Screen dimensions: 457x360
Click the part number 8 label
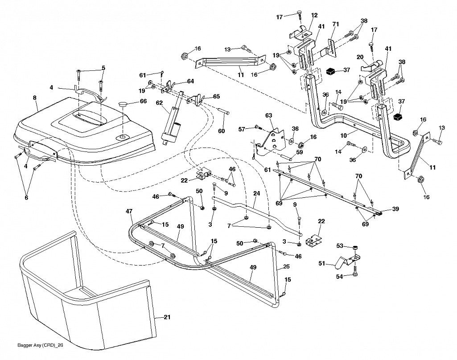click(x=35, y=98)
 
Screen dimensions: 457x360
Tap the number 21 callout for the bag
click(x=167, y=317)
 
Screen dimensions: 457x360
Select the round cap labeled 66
click(x=123, y=104)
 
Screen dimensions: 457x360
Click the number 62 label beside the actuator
click(x=159, y=103)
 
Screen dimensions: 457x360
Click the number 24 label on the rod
click(x=256, y=193)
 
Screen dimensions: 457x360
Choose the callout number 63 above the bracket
click(x=268, y=115)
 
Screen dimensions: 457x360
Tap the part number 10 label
click(x=344, y=136)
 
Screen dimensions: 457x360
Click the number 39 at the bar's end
click(x=395, y=209)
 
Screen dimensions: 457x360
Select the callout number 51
click(x=321, y=263)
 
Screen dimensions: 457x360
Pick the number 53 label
click(x=340, y=246)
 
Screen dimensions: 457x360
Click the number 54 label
click(x=340, y=276)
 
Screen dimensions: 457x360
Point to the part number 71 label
click(x=336, y=24)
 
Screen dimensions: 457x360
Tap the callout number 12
click(x=314, y=15)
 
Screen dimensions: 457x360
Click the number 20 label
click(x=360, y=57)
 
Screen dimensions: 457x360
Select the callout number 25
click(x=286, y=266)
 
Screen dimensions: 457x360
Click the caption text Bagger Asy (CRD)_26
click(x=40, y=345)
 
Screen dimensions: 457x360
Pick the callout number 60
click(x=222, y=131)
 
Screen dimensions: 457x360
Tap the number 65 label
click(x=217, y=96)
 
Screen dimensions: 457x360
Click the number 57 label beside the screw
click(x=242, y=129)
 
